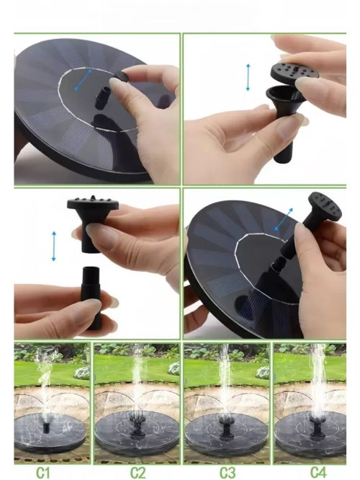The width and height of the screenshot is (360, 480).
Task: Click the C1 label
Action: (42, 472)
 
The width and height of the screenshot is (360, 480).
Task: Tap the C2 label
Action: (138, 472)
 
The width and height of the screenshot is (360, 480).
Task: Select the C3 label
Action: (228, 472)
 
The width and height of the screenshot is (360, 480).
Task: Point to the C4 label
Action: (318, 472)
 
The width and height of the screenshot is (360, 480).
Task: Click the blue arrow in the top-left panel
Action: (84, 80)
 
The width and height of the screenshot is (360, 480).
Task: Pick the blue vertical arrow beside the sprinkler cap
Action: (248, 77)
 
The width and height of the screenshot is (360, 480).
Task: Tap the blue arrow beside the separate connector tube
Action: (54, 246)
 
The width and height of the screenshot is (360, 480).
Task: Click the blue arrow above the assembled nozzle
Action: (284, 219)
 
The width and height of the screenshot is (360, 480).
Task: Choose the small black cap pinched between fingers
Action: (122, 76)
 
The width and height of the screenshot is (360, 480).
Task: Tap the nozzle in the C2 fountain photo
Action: (136, 426)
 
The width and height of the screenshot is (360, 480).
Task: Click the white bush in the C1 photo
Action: (83, 373)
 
